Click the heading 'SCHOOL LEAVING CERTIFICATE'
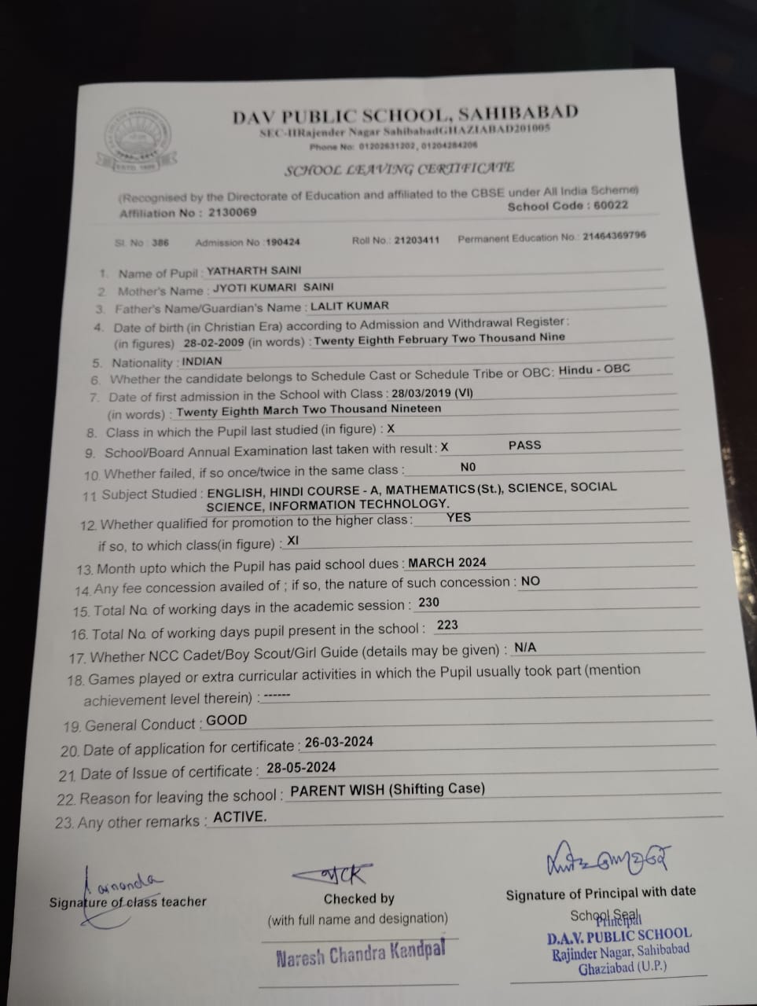[399, 169]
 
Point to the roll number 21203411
[417, 240]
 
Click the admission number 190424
[283, 242]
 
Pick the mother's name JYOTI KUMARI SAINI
[274, 288]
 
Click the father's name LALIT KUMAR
[350, 306]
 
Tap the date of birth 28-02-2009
[211, 343]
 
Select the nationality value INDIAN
[202, 362]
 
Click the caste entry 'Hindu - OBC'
[594, 369]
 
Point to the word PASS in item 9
[524, 445]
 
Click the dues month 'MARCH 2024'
[447, 562]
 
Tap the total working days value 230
[429, 602]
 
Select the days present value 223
[447, 625]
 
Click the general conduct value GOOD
[226, 720]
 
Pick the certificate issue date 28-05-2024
[301, 767]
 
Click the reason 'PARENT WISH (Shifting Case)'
[388, 789]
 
